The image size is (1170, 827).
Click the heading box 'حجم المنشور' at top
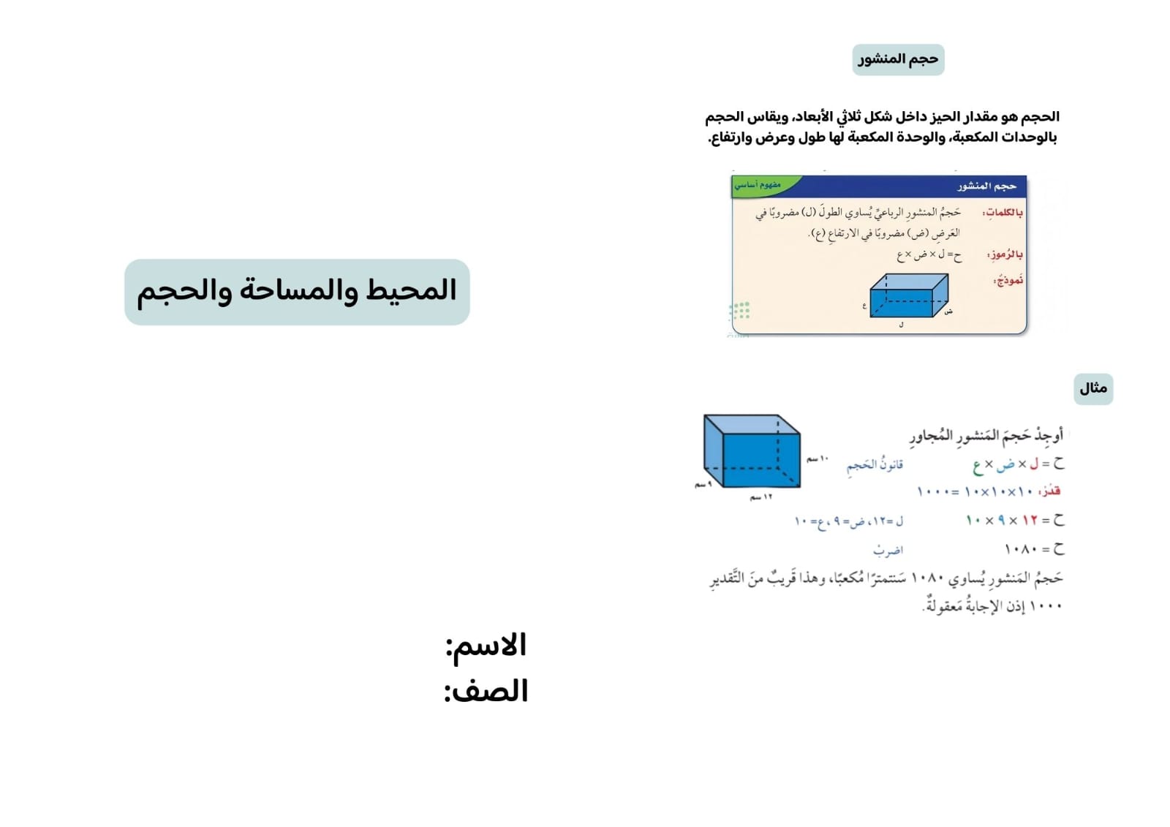pyautogui.click(x=898, y=59)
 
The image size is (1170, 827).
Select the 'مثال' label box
pyautogui.click(x=1093, y=388)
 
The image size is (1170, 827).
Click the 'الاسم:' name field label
pyautogui.click(x=486, y=646)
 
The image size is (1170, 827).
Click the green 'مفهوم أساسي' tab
pyautogui.click(x=759, y=185)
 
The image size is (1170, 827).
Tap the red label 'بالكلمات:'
pyautogui.click(x=1003, y=213)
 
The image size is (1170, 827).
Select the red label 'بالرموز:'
pyautogui.click(x=1005, y=254)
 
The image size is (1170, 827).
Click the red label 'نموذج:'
pyautogui.click(x=1008, y=280)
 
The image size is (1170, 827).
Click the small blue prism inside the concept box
pyautogui.click(x=908, y=296)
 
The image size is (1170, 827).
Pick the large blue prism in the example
pyautogui.click(x=752, y=452)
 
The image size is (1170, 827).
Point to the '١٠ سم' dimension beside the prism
pyautogui.click(x=818, y=459)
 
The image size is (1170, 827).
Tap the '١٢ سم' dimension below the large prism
pyautogui.click(x=761, y=497)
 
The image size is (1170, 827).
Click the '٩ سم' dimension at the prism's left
pyautogui.click(x=703, y=485)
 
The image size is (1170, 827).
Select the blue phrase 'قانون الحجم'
pyautogui.click(x=875, y=465)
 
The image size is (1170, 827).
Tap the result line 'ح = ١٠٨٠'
pyautogui.click(x=1034, y=549)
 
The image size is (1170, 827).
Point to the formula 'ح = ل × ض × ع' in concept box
pyautogui.click(x=929, y=254)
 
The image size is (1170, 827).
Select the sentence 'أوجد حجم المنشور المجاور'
pyautogui.click(x=986, y=436)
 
